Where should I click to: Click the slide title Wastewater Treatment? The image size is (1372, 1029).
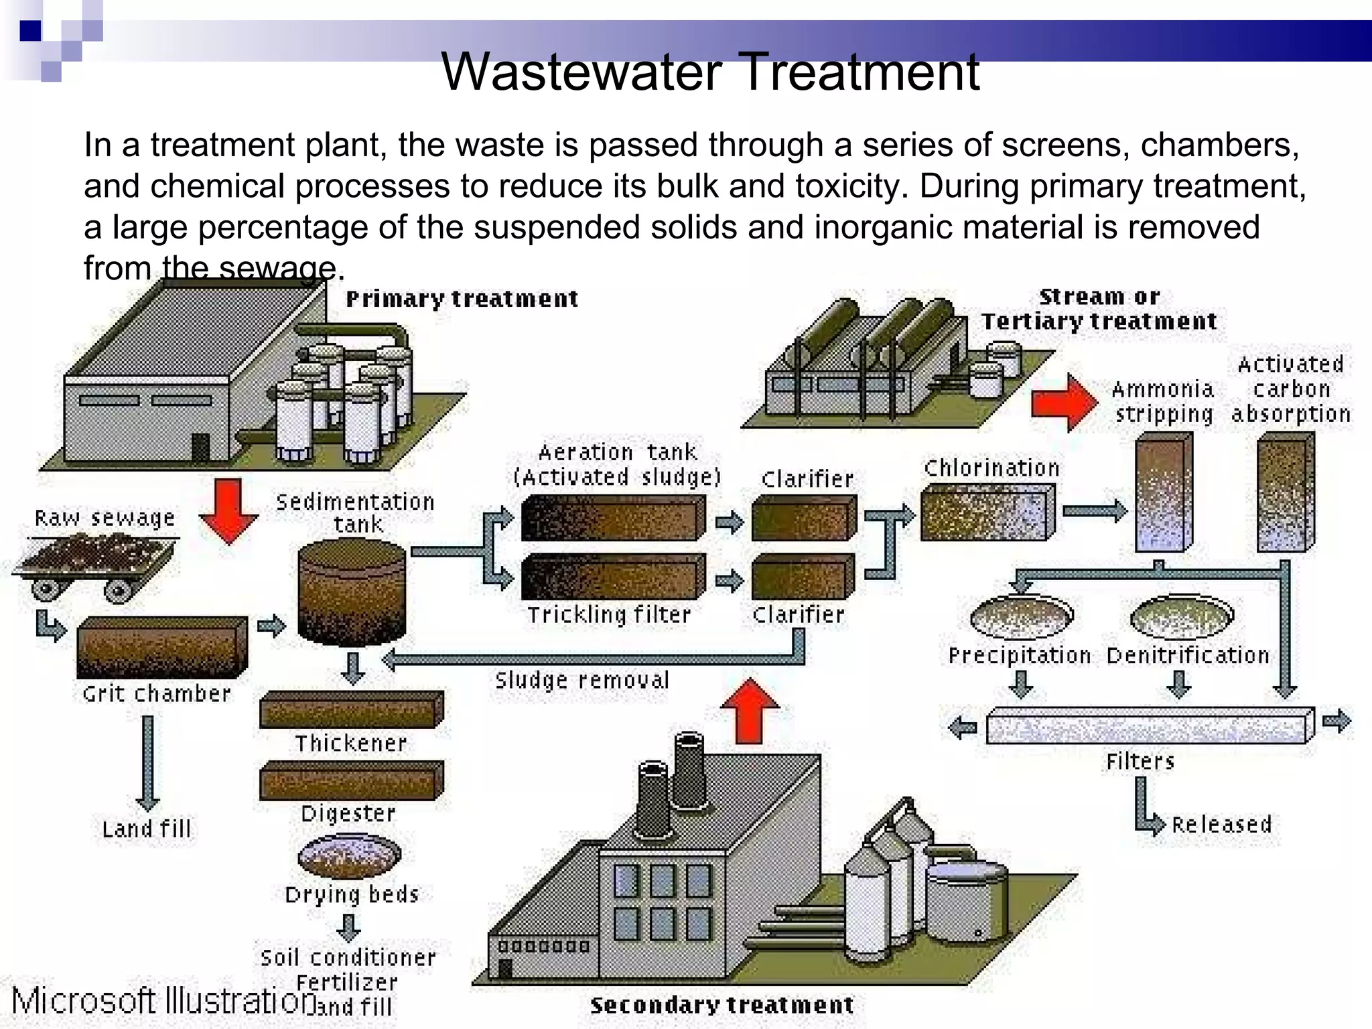(x=710, y=72)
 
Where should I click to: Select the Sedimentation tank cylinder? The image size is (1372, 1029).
(x=351, y=593)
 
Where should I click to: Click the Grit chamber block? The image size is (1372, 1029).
(x=161, y=646)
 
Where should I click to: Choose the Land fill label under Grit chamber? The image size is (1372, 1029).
(x=146, y=829)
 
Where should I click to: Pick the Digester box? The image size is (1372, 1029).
(x=351, y=780)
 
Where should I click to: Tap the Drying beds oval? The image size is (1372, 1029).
(x=349, y=855)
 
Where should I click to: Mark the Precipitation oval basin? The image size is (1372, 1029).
(x=1021, y=616)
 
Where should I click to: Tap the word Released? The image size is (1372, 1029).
(x=1221, y=824)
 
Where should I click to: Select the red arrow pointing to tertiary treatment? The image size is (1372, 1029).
(x=1064, y=403)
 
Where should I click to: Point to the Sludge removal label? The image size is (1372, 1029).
(x=581, y=681)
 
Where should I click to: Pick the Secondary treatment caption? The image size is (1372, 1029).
(x=722, y=1005)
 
